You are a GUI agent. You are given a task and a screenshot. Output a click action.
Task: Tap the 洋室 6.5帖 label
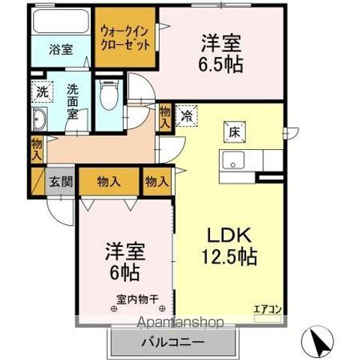pyautogui.click(x=220, y=52)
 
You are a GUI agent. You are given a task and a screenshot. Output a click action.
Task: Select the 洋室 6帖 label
pyautogui.click(x=124, y=261)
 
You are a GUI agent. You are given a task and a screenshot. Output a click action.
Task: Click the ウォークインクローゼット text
pyautogui.click(x=127, y=36)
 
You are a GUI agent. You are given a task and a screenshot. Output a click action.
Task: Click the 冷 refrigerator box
pyautogui.click(x=184, y=117)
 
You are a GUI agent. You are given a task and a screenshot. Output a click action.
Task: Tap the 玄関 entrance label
pyautogui.click(x=60, y=181)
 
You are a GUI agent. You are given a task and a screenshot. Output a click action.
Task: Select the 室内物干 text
pyautogui.click(x=136, y=298)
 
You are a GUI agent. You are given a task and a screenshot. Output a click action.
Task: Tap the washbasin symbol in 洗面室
pyautogui.click(x=39, y=118)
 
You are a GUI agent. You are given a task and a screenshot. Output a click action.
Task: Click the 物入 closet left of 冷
pyautogui.click(x=165, y=117)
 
